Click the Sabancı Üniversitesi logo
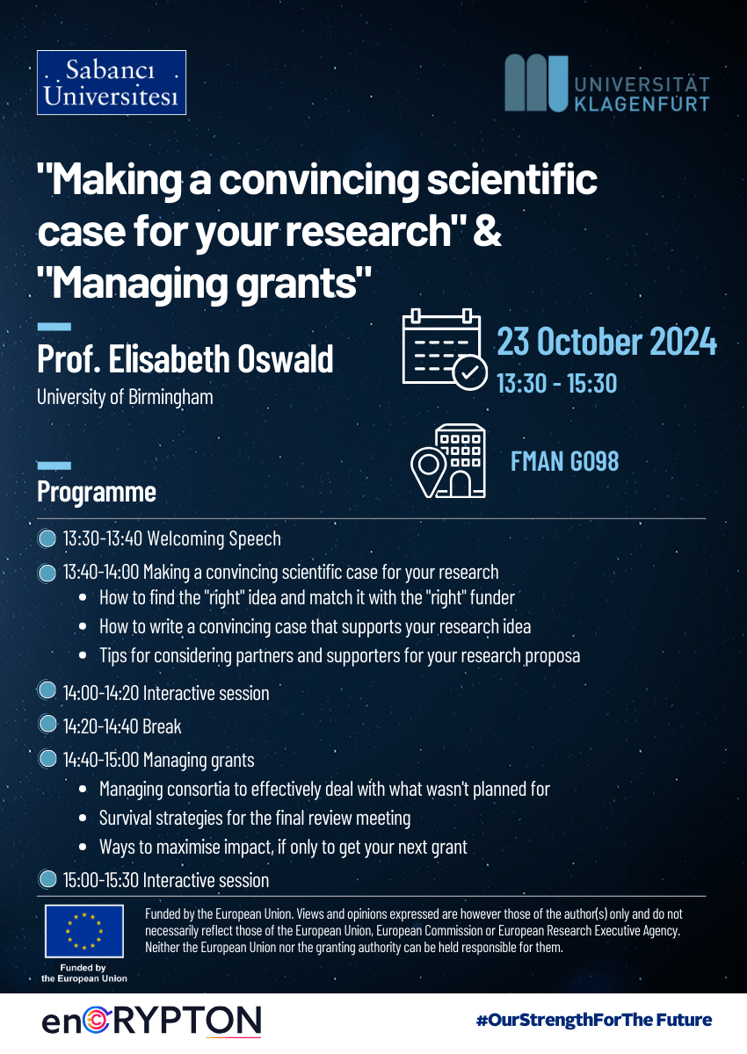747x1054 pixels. pos(112,83)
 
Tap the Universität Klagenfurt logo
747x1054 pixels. pos(606,83)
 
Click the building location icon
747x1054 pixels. pos(448,461)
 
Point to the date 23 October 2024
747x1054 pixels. pos(606,341)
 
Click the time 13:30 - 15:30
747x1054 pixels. pos(557,383)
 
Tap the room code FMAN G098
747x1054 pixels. pos(565,461)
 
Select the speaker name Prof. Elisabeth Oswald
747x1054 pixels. pos(185,358)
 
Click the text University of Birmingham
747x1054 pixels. pos(125,397)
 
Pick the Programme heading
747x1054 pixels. pos(97,492)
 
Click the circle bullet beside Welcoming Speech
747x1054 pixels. pos(47,538)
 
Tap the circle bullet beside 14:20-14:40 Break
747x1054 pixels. pos(47,724)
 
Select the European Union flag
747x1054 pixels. pos(84,931)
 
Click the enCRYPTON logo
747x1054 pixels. pos(151,1022)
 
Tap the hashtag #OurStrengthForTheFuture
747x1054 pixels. pos(594,1020)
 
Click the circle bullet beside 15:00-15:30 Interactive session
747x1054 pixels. pos(47,879)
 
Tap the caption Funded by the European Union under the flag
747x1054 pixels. pos(84,973)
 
